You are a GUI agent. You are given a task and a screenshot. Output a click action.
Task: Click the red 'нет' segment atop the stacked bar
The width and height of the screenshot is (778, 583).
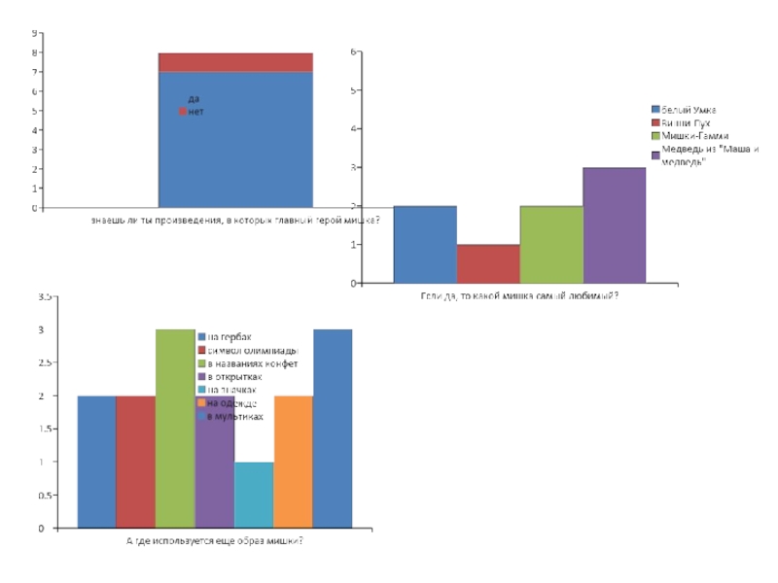tap(235, 62)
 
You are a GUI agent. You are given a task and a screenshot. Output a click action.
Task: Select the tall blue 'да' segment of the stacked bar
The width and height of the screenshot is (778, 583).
tap(235, 146)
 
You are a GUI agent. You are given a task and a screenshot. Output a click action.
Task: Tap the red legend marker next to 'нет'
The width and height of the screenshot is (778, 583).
tap(182, 112)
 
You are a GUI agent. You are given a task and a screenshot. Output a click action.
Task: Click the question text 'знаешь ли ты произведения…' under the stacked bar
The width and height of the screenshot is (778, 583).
tap(235, 221)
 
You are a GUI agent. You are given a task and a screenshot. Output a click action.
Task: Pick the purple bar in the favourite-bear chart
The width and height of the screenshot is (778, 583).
tap(615, 225)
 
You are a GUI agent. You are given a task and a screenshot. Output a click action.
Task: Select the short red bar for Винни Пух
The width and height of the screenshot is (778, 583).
tap(488, 263)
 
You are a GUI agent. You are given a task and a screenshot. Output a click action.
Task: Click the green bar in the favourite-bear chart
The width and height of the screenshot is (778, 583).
tap(551, 245)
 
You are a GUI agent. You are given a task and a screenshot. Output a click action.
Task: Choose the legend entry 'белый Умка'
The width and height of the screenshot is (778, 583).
tap(690, 110)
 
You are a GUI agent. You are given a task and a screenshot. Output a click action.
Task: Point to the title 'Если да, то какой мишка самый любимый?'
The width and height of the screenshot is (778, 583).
tap(519, 295)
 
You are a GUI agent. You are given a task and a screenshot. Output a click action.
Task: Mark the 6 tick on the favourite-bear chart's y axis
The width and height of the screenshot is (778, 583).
tap(356, 51)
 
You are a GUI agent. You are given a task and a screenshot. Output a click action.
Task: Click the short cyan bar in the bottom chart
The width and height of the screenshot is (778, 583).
tap(254, 495)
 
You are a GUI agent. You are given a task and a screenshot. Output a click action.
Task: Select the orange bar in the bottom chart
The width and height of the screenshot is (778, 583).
tap(294, 462)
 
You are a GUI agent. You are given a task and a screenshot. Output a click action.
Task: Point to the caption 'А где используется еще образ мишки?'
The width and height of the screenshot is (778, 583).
tap(215, 541)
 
